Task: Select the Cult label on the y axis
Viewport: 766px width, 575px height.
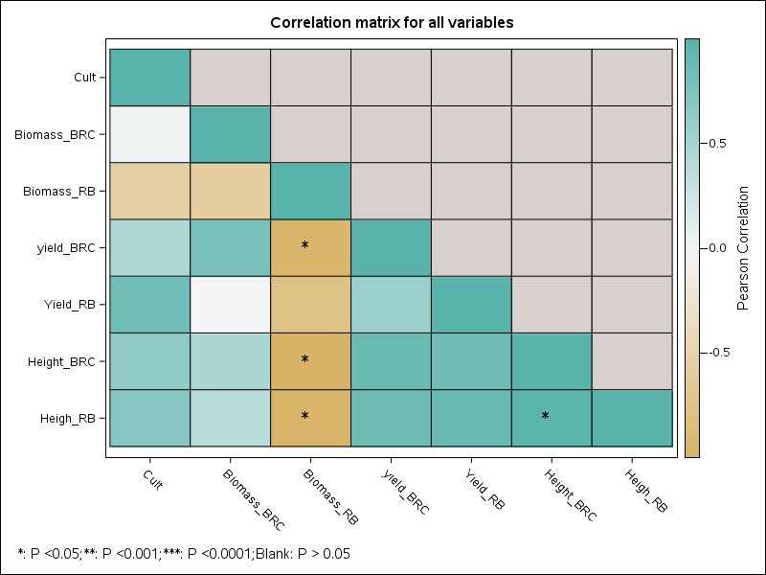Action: coord(84,77)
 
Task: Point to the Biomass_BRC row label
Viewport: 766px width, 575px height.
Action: coord(55,134)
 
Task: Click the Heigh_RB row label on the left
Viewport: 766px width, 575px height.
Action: coord(67,418)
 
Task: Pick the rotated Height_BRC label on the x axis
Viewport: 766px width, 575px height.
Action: coord(571,494)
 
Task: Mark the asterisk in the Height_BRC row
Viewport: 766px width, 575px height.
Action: coord(304,360)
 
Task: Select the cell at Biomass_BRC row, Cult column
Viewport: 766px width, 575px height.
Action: coord(149,134)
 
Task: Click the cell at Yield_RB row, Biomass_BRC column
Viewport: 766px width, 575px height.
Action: coord(230,304)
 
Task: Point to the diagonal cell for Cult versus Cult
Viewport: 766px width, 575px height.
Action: coord(149,77)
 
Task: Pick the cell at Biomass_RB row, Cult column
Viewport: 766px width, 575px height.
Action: coord(149,191)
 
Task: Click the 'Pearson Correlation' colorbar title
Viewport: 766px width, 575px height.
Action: coord(742,247)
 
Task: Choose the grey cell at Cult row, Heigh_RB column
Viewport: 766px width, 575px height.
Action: coord(632,77)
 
